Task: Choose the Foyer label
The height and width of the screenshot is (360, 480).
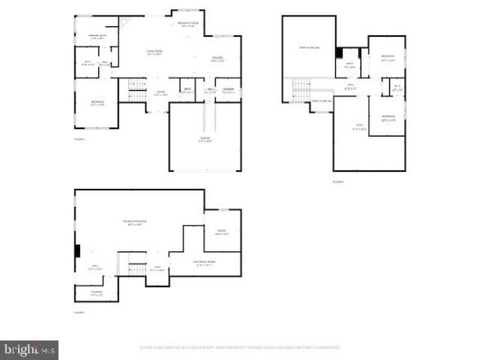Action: [161, 93]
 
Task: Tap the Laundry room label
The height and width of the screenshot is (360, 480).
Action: [228, 91]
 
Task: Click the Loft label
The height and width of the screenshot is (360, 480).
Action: [358, 126]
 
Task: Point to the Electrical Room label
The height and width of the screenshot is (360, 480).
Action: [203, 263]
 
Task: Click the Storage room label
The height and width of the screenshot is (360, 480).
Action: [97, 295]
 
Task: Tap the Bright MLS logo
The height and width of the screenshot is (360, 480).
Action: [29, 349]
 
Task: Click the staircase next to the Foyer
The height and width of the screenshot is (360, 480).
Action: [137, 91]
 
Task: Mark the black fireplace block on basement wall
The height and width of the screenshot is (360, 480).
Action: [76, 251]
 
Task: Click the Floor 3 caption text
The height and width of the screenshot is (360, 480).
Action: [339, 182]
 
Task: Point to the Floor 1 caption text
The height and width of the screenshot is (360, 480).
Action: [79, 313]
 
